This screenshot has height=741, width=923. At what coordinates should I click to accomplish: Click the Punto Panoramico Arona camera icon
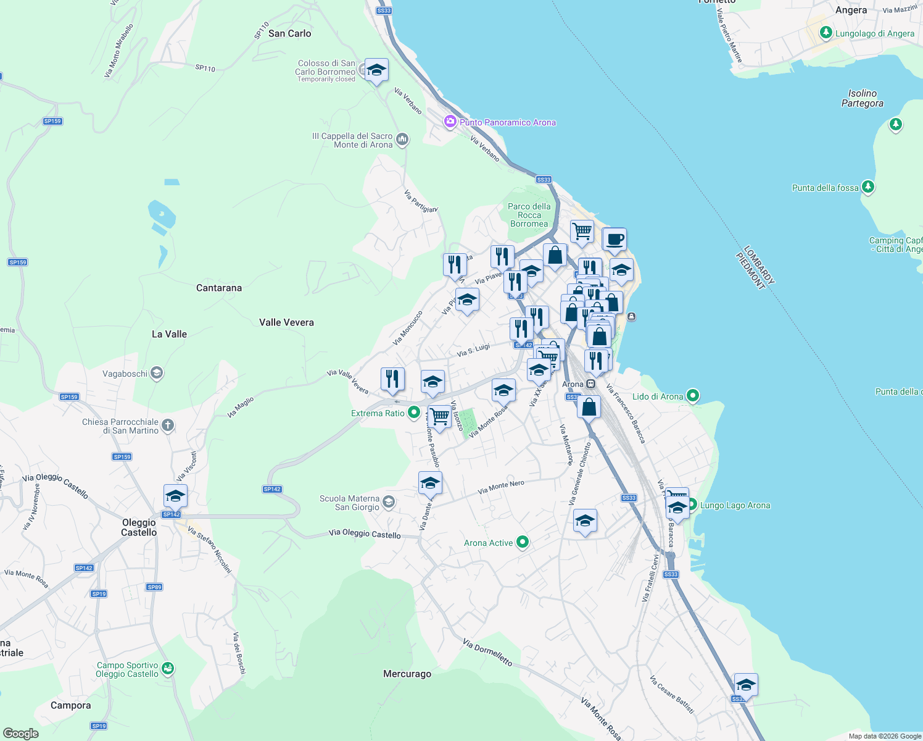point(450,122)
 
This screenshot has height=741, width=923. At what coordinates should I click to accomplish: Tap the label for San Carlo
point(289,33)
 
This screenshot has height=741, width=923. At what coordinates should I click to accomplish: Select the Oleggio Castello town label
point(139,527)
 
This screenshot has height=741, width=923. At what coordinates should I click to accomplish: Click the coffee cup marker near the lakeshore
point(615,239)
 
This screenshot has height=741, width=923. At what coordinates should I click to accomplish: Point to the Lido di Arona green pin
point(693,396)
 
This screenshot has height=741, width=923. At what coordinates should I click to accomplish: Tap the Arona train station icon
point(591,384)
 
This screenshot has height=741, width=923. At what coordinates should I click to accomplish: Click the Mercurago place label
point(407,674)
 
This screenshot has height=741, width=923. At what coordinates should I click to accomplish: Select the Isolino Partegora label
point(862,98)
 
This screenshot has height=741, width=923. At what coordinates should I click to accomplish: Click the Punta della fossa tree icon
point(868,186)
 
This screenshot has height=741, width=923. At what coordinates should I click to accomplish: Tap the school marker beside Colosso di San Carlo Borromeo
point(376,70)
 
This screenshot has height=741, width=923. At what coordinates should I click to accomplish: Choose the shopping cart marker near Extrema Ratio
point(439,416)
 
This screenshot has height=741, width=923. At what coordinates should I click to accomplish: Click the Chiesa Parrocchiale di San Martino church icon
point(168,425)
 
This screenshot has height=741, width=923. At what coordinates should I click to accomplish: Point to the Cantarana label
point(219,288)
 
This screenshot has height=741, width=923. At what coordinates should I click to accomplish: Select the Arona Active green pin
point(523,542)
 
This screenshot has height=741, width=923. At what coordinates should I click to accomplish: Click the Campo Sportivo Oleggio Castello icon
point(168,669)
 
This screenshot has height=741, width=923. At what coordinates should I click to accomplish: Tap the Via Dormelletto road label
point(487,653)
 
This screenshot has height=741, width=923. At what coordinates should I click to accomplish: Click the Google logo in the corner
point(20,733)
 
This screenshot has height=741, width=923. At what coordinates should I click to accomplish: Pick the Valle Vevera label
point(286,322)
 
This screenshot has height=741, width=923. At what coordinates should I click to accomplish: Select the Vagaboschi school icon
point(157,373)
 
